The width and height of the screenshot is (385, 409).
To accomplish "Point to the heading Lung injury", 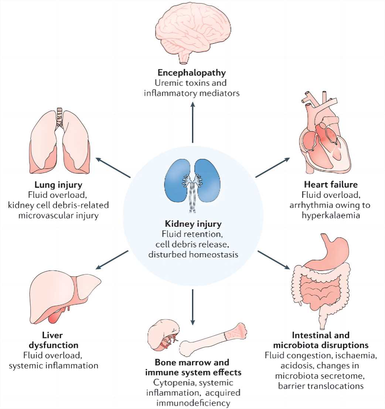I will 59,184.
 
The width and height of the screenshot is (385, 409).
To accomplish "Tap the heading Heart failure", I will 326,184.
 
